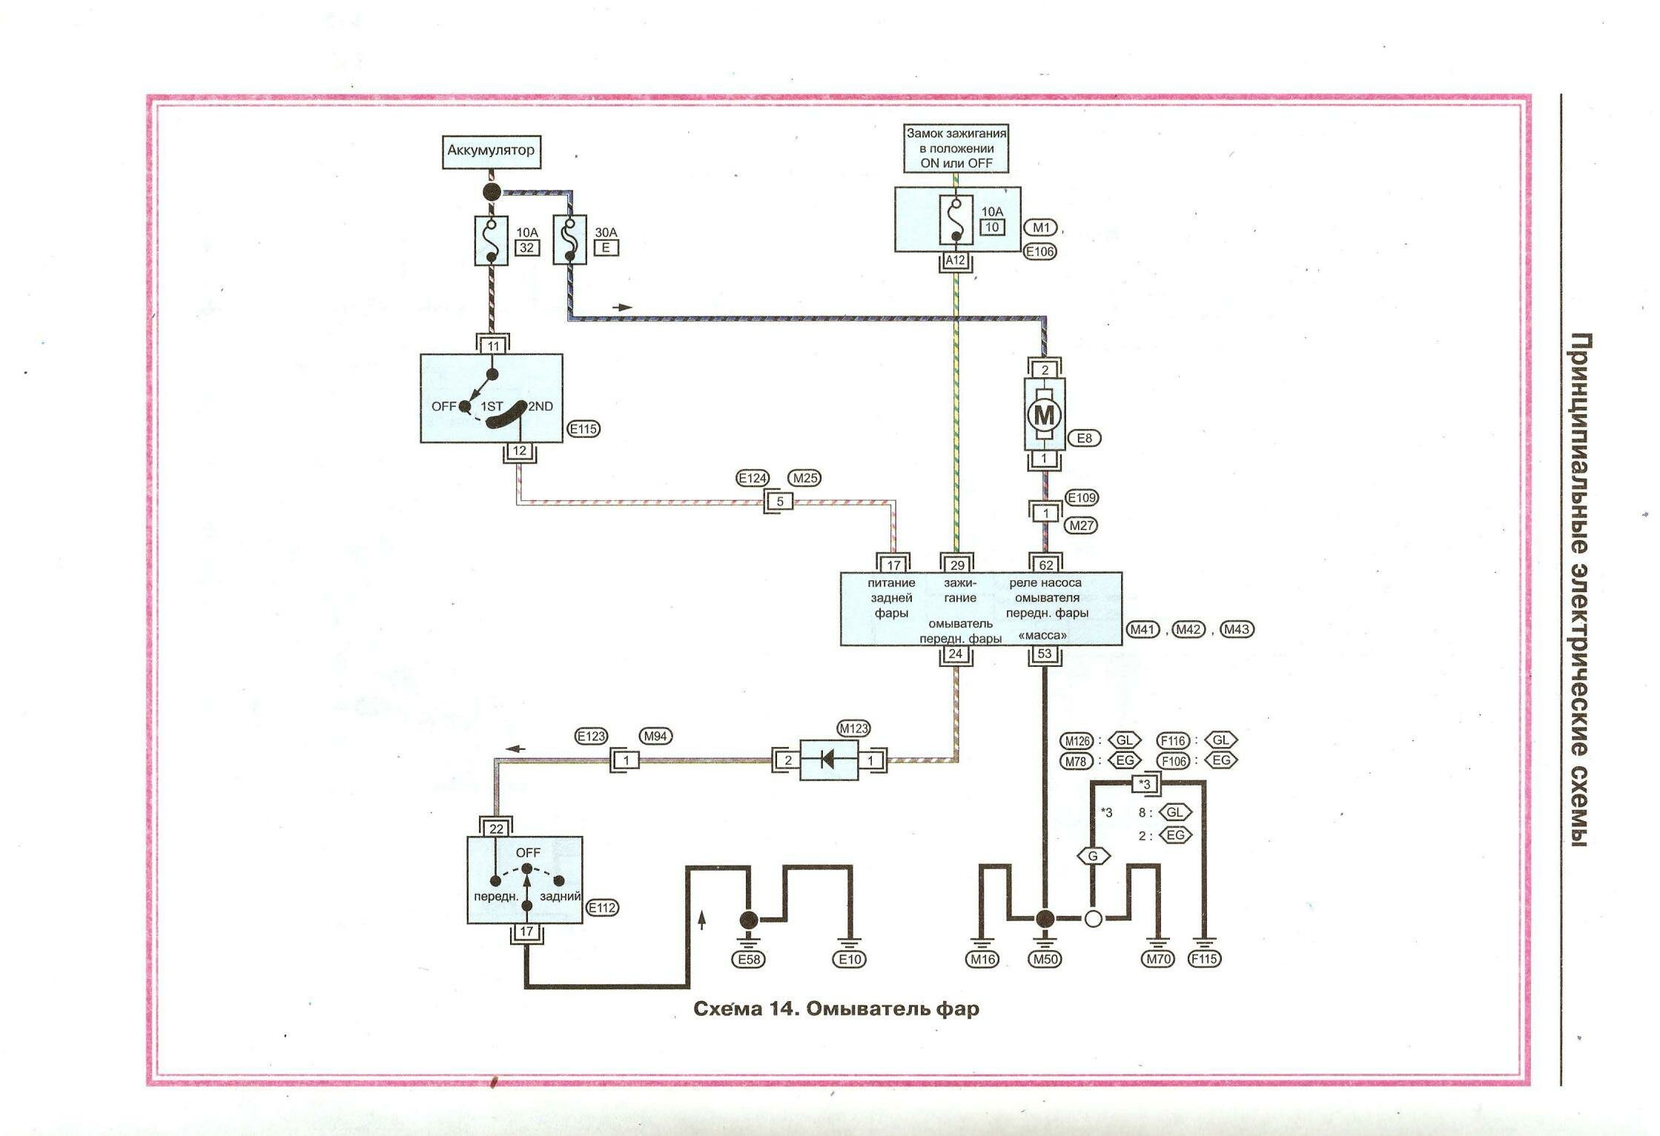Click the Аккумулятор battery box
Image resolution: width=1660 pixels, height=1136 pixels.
tap(491, 151)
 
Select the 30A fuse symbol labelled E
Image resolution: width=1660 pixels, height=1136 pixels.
tap(569, 240)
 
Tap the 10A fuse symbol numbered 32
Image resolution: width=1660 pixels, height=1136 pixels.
tap(491, 240)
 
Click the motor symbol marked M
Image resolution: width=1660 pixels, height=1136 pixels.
tap(1044, 414)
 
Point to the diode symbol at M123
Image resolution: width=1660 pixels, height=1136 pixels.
tap(829, 760)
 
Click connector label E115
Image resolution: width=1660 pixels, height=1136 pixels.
tap(583, 428)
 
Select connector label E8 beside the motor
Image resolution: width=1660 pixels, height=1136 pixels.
tap(1084, 438)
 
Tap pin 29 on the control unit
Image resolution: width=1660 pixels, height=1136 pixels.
tap(956, 565)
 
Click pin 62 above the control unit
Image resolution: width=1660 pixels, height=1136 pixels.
tap(1045, 565)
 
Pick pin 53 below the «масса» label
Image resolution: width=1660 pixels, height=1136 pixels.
tap(1044, 654)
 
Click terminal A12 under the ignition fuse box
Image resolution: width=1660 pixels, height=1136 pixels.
tap(956, 260)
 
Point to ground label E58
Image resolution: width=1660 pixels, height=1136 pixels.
tap(749, 959)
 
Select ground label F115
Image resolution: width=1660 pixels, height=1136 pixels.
tap(1204, 959)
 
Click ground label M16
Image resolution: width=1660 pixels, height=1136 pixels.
tap(982, 959)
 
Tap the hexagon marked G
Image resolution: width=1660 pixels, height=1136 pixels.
tap(1093, 856)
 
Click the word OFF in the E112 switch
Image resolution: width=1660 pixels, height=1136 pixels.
tap(528, 853)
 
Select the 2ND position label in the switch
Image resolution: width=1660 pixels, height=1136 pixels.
tap(540, 406)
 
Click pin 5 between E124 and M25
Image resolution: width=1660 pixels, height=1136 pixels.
tap(779, 502)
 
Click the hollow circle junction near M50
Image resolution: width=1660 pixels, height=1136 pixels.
tap(1093, 919)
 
